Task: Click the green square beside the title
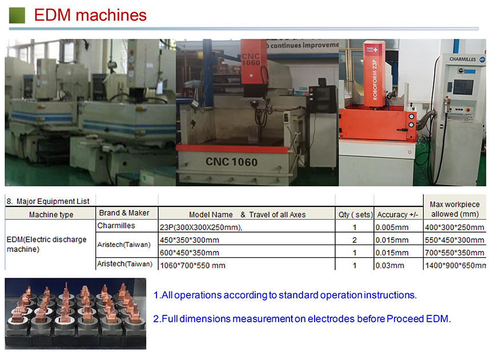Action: click(x=17, y=15)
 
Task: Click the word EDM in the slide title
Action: click(x=53, y=15)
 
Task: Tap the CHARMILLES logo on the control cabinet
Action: click(x=462, y=59)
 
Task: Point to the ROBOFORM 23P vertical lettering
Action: click(x=375, y=80)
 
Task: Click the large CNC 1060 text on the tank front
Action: click(x=231, y=162)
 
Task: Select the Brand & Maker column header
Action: click(x=124, y=213)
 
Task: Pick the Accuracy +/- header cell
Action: click(x=397, y=215)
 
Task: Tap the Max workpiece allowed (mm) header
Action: click(x=454, y=209)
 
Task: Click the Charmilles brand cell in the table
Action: click(x=116, y=226)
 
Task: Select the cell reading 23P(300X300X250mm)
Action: click(x=201, y=227)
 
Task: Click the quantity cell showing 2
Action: click(x=355, y=240)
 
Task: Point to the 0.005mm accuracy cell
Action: click(x=392, y=227)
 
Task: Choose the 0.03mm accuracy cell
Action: click(x=389, y=265)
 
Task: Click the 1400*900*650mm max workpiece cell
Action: click(x=455, y=265)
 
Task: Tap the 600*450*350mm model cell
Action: click(x=189, y=253)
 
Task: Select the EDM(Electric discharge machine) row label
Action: click(x=47, y=244)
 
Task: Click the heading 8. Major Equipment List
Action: click(x=48, y=201)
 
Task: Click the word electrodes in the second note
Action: click(x=331, y=319)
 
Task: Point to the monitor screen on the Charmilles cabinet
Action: click(x=463, y=87)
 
